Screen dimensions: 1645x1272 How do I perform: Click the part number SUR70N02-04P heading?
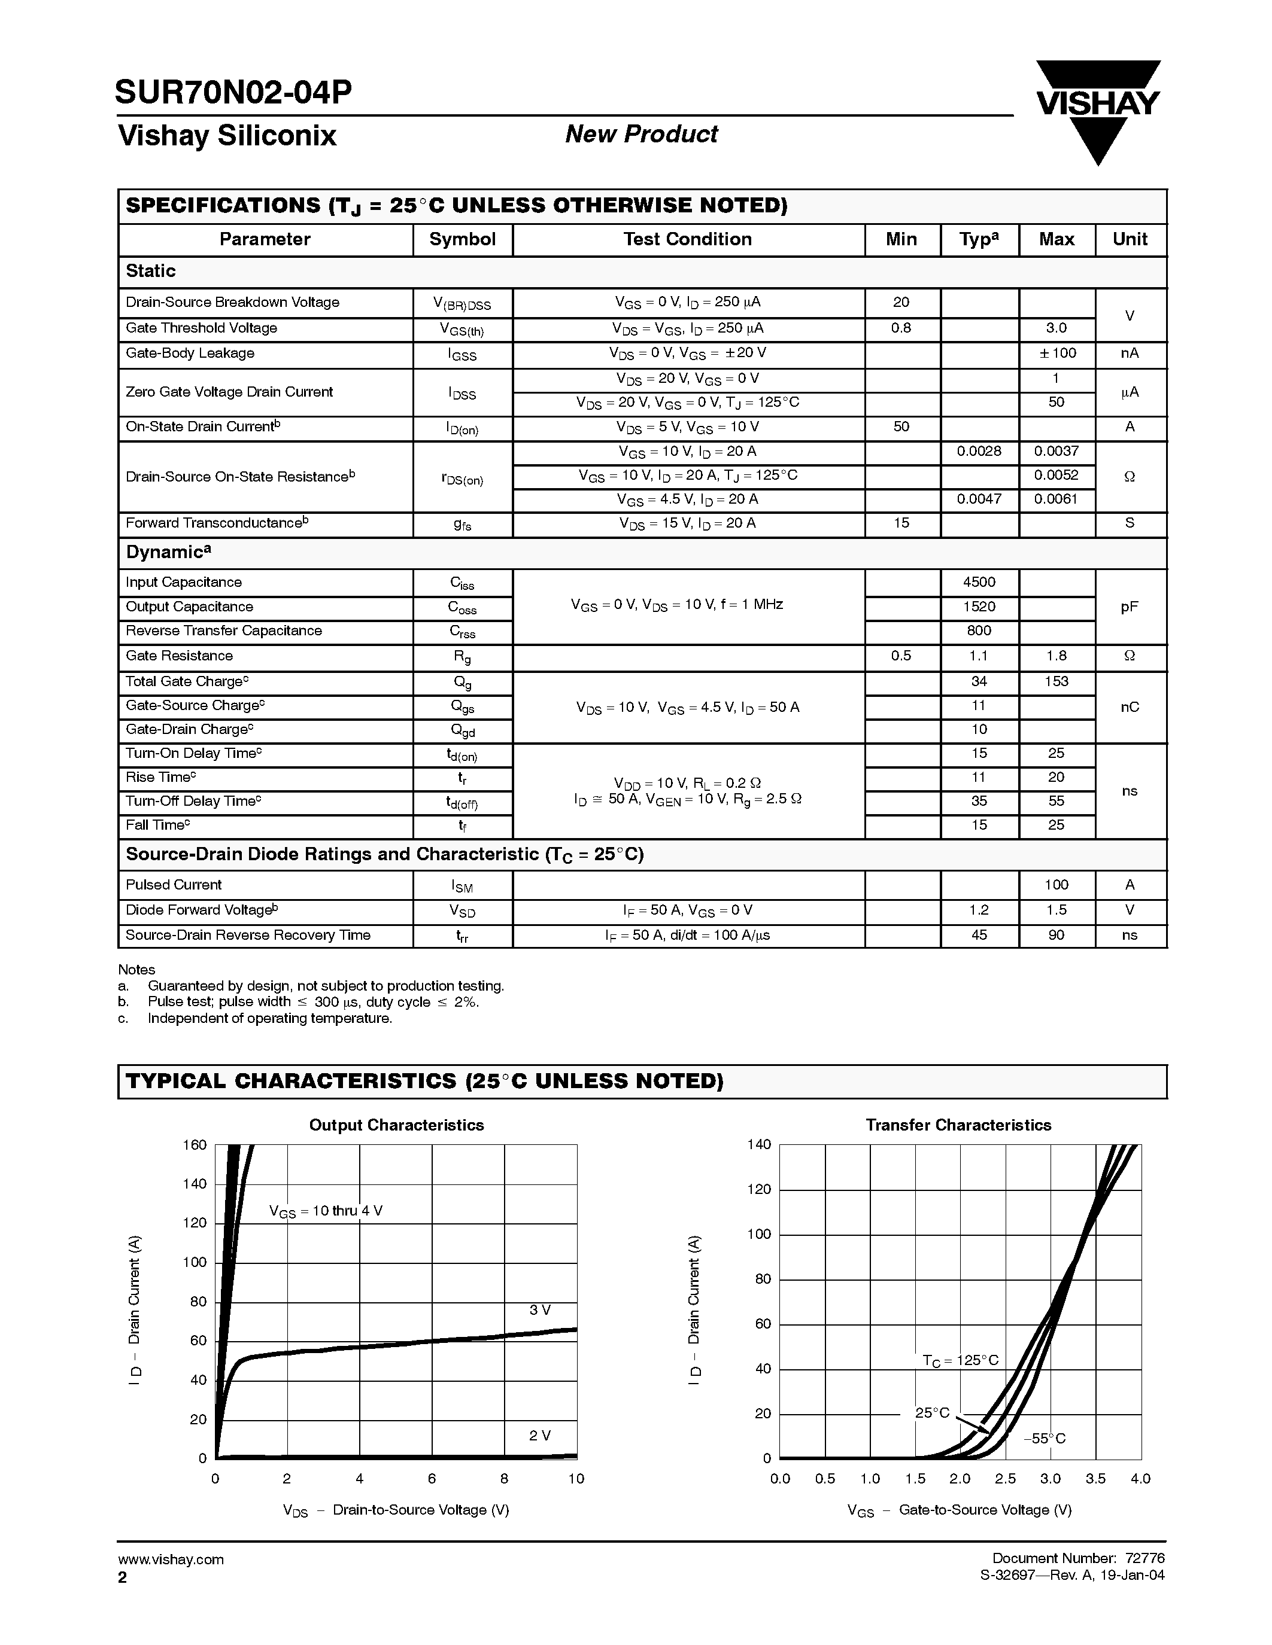coord(233,92)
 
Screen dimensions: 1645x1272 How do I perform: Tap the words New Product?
coord(641,134)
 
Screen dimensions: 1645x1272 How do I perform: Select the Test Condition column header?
coord(687,239)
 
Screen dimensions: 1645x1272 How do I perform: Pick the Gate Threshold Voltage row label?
coord(201,328)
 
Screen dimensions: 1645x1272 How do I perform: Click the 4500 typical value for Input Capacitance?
coord(979,582)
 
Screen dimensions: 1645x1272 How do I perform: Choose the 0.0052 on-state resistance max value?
coord(1056,476)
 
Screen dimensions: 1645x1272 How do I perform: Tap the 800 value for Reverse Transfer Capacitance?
coord(979,630)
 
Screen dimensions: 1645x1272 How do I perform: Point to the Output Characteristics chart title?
coord(396,1125)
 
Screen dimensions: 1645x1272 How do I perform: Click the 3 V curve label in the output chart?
coord(539,1310)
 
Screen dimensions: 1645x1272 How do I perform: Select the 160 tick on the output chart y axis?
coord(195,1146)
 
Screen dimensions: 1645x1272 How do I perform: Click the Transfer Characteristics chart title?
coord(958,1125)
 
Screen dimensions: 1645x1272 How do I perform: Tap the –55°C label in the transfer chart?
coord(1044,1439)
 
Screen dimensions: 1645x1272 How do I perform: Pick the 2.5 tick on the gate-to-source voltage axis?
coord(1005,1479)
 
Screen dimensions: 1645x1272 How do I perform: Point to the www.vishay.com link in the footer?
coord(171,1559)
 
